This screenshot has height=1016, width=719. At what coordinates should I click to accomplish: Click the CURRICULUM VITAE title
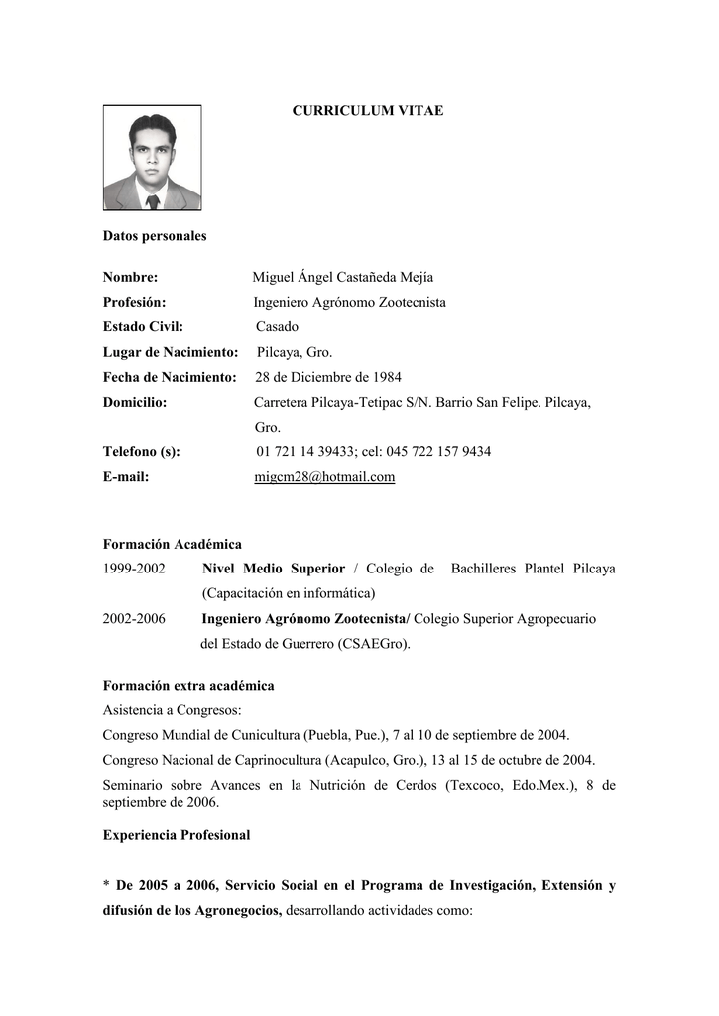tap(367, 111)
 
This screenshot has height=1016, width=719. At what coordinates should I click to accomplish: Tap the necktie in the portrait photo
tap(153, 201)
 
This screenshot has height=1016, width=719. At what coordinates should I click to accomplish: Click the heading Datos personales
tap(155, 236)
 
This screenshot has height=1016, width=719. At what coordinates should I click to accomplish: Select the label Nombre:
tap(131, 278)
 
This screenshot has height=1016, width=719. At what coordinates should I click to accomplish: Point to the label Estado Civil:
tap(144, 327)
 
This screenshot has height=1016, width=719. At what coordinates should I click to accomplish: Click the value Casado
tap(277, 327)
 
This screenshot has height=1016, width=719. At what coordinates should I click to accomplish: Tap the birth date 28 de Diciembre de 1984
tap(328, 377)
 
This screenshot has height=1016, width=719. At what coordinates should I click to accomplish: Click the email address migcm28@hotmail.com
tap(324, 477)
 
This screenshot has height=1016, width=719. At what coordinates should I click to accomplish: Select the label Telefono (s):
tap(142, 452)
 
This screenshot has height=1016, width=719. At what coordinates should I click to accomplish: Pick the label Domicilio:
tap(135, 402)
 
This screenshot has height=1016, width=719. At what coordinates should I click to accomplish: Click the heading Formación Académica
tap(173, 544)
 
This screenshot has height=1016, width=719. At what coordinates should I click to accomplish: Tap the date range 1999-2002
tap(134, 569)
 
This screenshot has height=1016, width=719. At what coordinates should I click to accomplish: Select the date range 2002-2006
tap(134, 618)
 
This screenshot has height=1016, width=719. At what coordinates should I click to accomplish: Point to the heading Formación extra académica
tap(188, 686)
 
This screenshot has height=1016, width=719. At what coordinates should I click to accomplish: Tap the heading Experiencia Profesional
tap(177, 835)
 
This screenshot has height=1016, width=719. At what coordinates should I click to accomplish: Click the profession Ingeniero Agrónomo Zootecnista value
tap(349, 303)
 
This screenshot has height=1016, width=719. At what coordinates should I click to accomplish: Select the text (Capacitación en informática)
tap(289, 593)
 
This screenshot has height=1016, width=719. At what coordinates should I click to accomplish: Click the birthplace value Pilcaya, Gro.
tap(295, 352)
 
